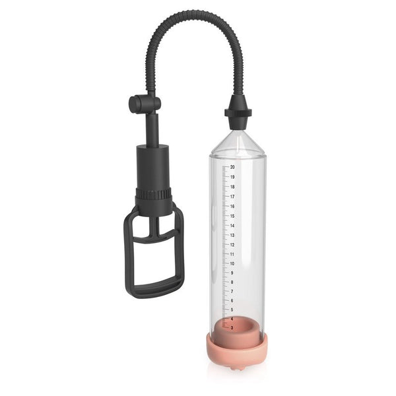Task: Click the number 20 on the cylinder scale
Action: coord(232,167)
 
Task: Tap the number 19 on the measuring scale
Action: coord(232,177)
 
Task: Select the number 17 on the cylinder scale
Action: coord(232,197)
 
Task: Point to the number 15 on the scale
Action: coord(232,216)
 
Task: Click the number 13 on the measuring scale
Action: coord(232,235)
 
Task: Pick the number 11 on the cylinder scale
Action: coord(232,254)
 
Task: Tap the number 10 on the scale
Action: coord(232,263)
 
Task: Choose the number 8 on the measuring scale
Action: coord(232,282)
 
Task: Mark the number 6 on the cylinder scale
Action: coord(232,300)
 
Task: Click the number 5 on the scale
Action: coord(232,310)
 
